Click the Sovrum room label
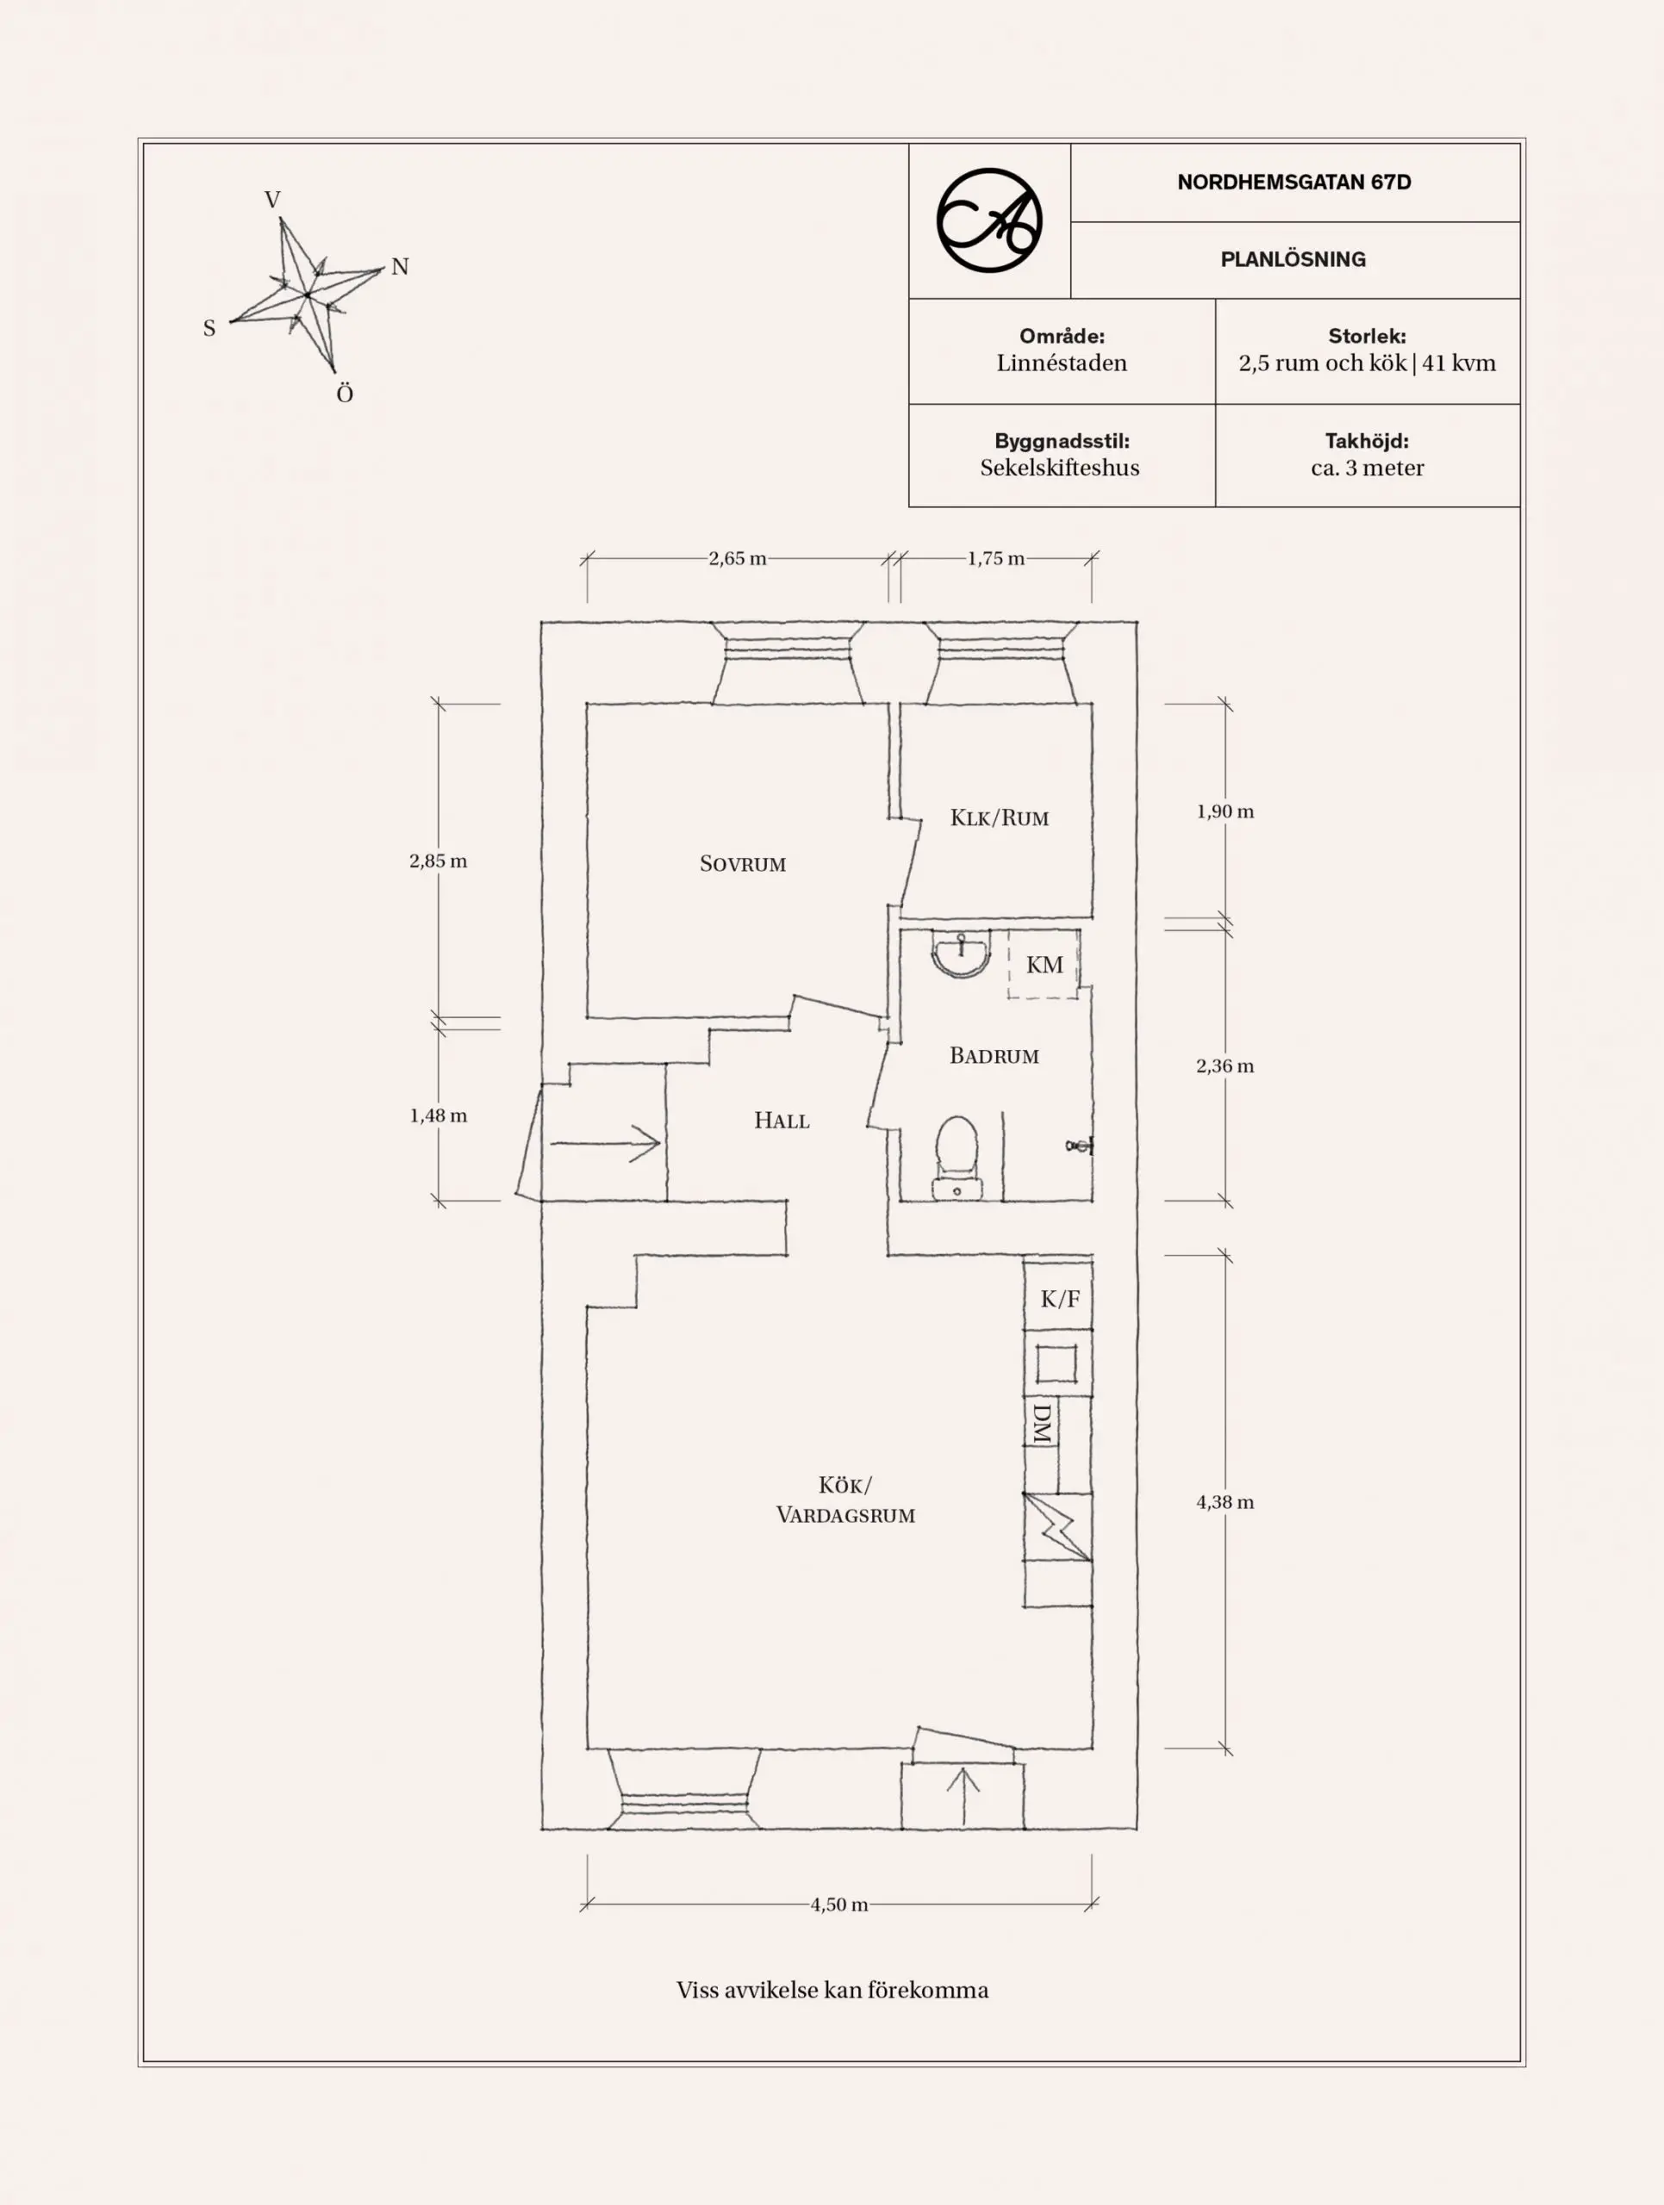(743, 864)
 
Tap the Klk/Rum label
(999, 818)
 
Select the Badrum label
(994, 1056)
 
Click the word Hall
(782, 1121)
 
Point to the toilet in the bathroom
(957, 1156)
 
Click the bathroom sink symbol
(961, 952)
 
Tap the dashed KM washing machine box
(1044, 964)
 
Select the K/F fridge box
(1059, 1298)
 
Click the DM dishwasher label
(1041, 1425)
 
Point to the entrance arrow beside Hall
(605, 1143)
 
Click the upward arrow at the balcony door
(963, 1795)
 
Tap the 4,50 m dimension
(838, 1904)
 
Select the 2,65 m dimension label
(737, 558)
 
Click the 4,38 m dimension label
(1225, 1501)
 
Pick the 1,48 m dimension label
(438, 1115)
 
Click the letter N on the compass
(400, 266)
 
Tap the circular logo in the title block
(989, 220)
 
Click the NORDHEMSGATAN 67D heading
(1293, 183)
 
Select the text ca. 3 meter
(1367, 468)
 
